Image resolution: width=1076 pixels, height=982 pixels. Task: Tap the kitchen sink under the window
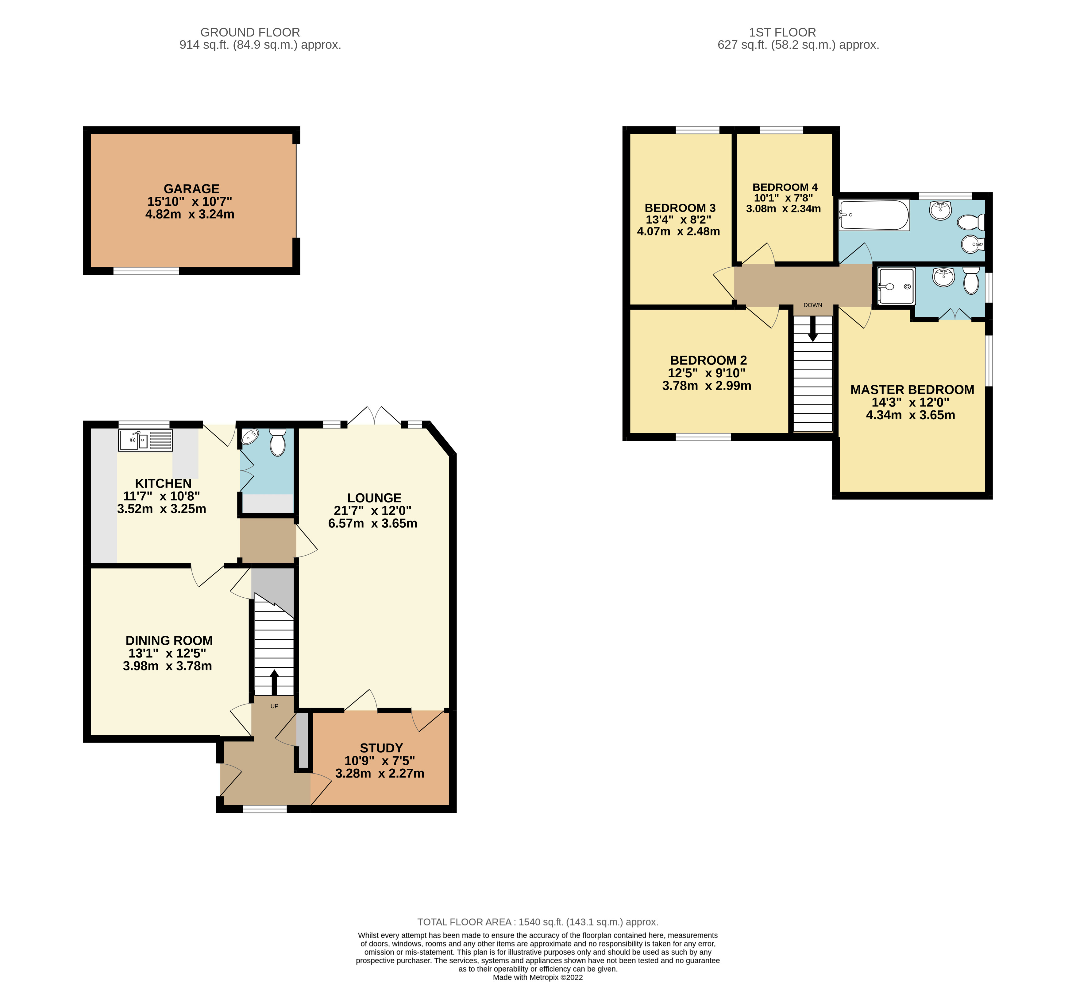pos(145,441)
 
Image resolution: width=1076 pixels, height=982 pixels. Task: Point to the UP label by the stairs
pos(274,706)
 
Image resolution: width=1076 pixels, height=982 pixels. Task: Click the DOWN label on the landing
pos(812,305)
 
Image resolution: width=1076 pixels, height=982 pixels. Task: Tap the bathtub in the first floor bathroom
pos(874,215)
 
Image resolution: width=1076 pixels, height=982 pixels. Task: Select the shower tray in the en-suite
pos(896,286)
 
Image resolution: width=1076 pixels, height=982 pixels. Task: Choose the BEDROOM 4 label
pos(785,188)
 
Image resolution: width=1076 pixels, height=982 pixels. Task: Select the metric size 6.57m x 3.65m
pos(372,523)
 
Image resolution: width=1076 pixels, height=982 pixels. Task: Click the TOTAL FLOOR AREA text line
pos(538,922)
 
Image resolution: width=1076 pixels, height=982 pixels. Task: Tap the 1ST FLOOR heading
pos(782,33)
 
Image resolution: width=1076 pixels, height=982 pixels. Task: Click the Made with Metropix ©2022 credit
pos(538,977)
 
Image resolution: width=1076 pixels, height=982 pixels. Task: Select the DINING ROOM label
pos(169,640)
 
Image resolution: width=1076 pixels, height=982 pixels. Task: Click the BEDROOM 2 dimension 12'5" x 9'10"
pos(707,373)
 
